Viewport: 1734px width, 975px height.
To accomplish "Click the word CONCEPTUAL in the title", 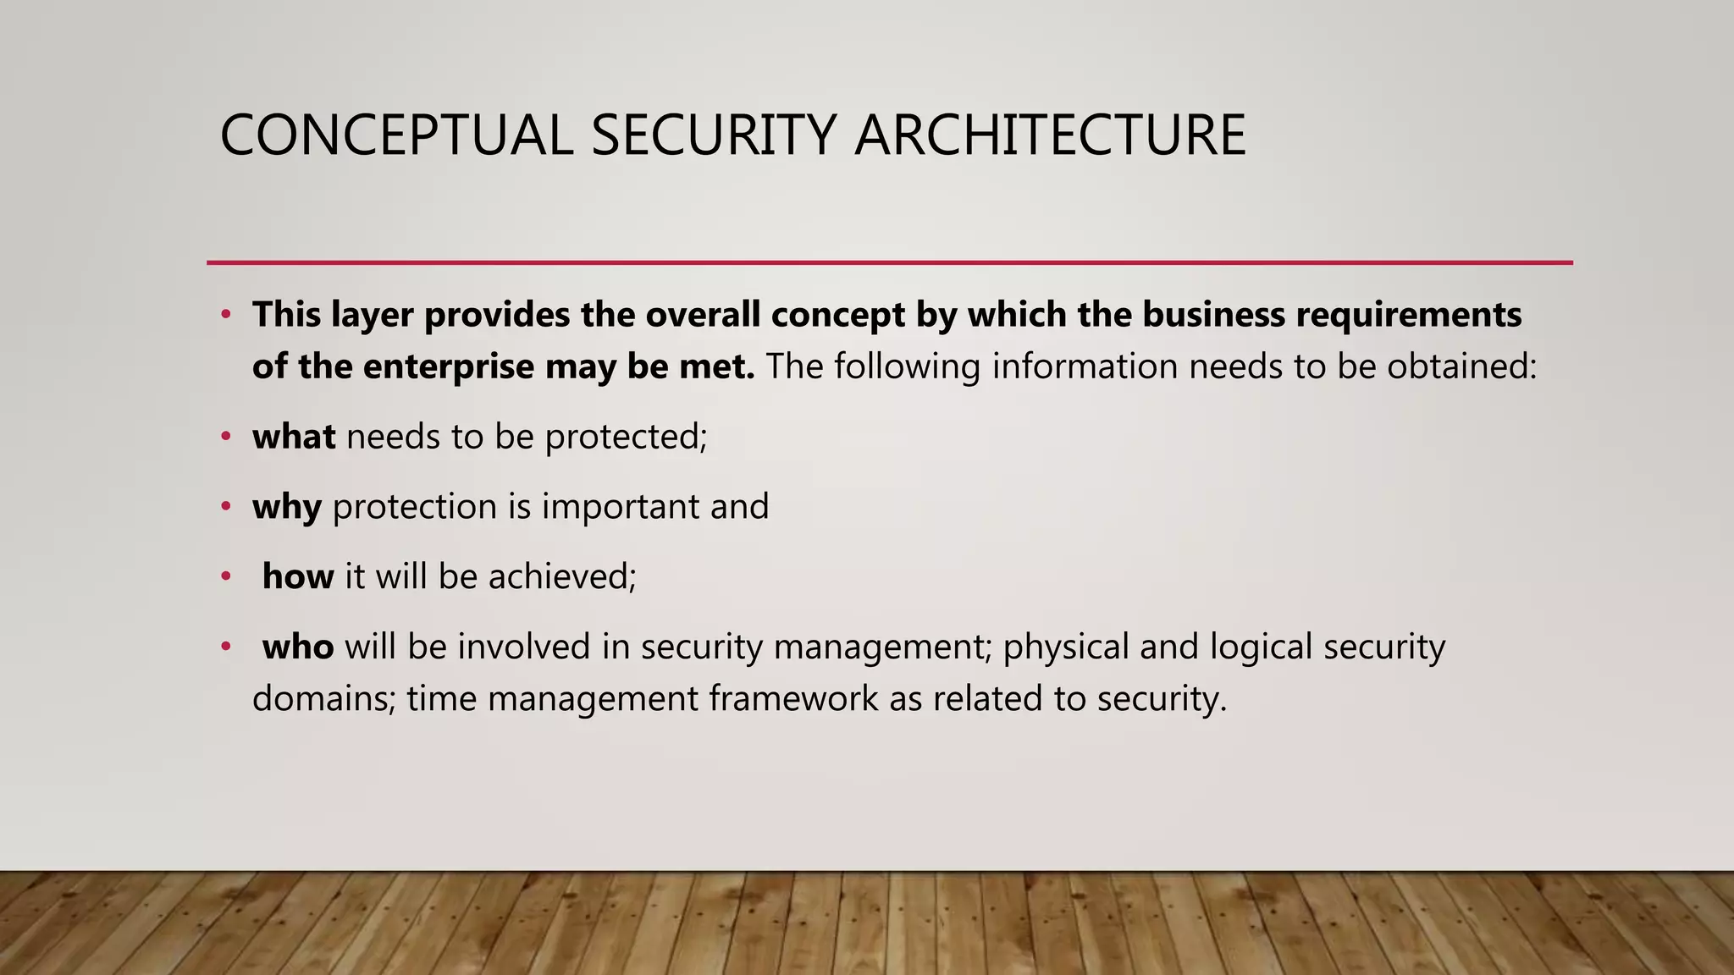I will pos(396,135).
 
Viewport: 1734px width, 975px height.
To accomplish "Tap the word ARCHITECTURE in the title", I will pos(1050,135).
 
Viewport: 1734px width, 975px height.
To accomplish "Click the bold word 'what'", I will pos(294,437).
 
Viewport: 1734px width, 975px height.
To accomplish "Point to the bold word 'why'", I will pos(287,507).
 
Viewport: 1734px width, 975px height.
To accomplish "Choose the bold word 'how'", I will pos(298,577).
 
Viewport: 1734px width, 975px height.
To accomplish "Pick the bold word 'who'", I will pos(298,647).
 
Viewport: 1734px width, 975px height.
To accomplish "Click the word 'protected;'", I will pos(626,437).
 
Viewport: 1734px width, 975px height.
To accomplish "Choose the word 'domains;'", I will pos(324,700).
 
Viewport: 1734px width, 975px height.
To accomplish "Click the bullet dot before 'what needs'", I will pos(225,437).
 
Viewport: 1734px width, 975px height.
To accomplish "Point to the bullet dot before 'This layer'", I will pos(225,315).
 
